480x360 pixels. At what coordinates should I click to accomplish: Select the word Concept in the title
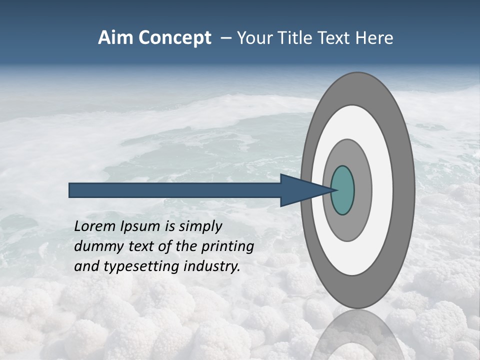174,38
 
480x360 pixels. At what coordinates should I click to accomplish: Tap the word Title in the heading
288,38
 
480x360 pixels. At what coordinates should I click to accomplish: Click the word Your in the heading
253,38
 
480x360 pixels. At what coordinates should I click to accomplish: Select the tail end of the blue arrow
72,190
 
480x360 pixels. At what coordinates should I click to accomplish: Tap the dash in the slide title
225,38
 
